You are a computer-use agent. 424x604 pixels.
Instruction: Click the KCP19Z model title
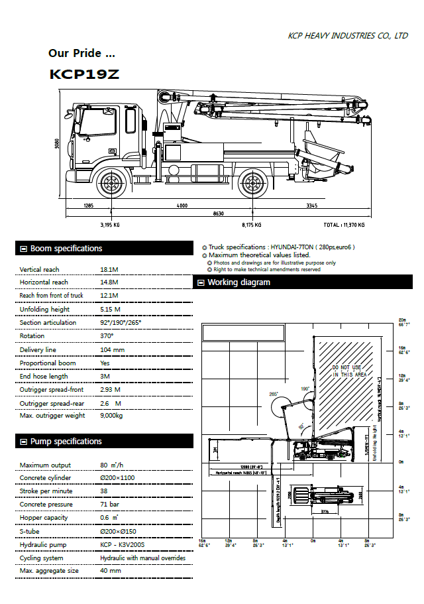[85, 74]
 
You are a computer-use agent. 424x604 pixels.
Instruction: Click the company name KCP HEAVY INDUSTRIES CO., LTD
[348, 36]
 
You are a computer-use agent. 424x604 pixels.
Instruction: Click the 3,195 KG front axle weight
[110, 225]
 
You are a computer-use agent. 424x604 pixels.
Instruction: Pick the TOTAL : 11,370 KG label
[343, 225]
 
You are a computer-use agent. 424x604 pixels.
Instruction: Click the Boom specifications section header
[66, 249]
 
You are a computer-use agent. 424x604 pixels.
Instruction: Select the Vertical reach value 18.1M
[109, 269]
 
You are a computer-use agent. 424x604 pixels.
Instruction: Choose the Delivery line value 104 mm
[112, 349]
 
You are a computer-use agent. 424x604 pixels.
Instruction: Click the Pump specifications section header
[66, 442]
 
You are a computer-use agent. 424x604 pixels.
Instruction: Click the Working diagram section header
[238, 282]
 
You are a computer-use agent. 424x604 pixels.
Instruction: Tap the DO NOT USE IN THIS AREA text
[349, 371]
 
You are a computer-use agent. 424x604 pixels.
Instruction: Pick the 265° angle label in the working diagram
[273, 394]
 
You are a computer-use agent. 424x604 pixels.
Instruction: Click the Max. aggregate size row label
[49, 571]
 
